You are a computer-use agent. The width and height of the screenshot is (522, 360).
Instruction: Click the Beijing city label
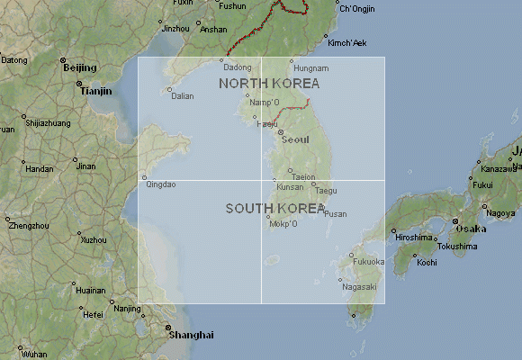point(79,67)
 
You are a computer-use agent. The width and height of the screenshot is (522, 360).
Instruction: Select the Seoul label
point(295,139)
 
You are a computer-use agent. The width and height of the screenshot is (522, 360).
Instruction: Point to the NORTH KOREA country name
point(269,83)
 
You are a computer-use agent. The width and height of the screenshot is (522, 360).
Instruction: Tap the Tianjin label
point(95,91)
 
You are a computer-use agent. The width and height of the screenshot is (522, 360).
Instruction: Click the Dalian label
point(182,95)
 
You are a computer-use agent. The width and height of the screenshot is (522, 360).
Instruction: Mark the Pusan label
point(335,213)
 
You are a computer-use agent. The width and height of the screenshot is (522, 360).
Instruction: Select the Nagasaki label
point(359,286)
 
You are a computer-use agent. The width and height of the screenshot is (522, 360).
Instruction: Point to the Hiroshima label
point(413,237)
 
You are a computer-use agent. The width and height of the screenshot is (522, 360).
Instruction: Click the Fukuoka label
point(369,262)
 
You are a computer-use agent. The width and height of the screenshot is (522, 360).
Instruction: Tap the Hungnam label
point(311,68)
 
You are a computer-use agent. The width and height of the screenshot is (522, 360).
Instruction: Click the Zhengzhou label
point(29,225)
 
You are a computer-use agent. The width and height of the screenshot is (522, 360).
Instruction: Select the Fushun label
point(232,5)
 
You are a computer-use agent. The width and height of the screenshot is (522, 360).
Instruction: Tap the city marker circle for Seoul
point(280,133)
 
